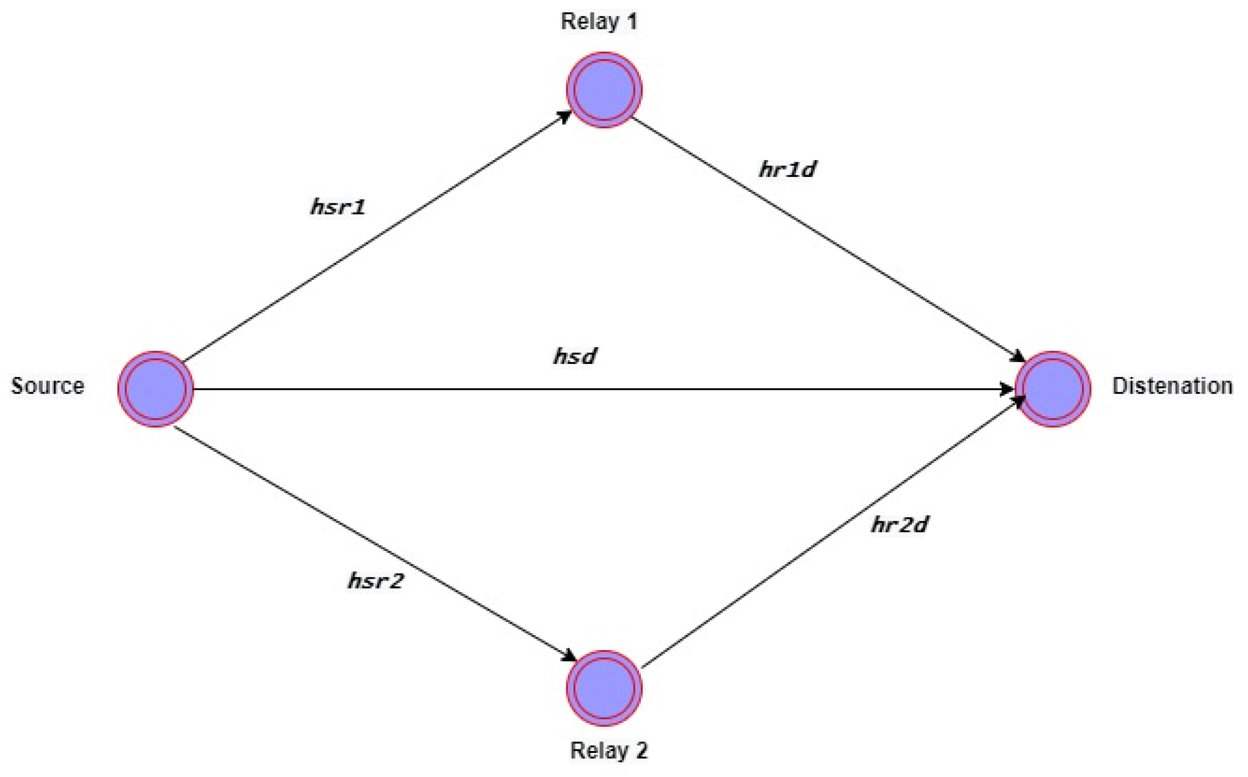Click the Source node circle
155,389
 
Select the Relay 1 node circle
604,90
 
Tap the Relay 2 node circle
604,689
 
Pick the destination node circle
1053,389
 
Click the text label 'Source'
48,386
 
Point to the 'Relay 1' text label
599,21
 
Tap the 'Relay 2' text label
609,751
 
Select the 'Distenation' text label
1172,386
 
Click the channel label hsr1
338,207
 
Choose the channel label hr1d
787,169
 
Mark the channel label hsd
575,356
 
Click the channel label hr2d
899,525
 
